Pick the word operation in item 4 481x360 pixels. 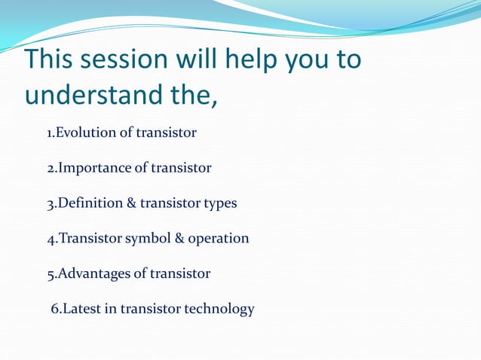click(x=218, y=239)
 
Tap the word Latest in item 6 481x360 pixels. click(x=78, y=309)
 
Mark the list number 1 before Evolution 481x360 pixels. click(x=50, y=134)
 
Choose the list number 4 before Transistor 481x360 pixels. click(x=51, y=239)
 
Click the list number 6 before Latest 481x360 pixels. click(x=54, y=309)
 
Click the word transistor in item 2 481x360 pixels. click(x=181, y=168)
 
